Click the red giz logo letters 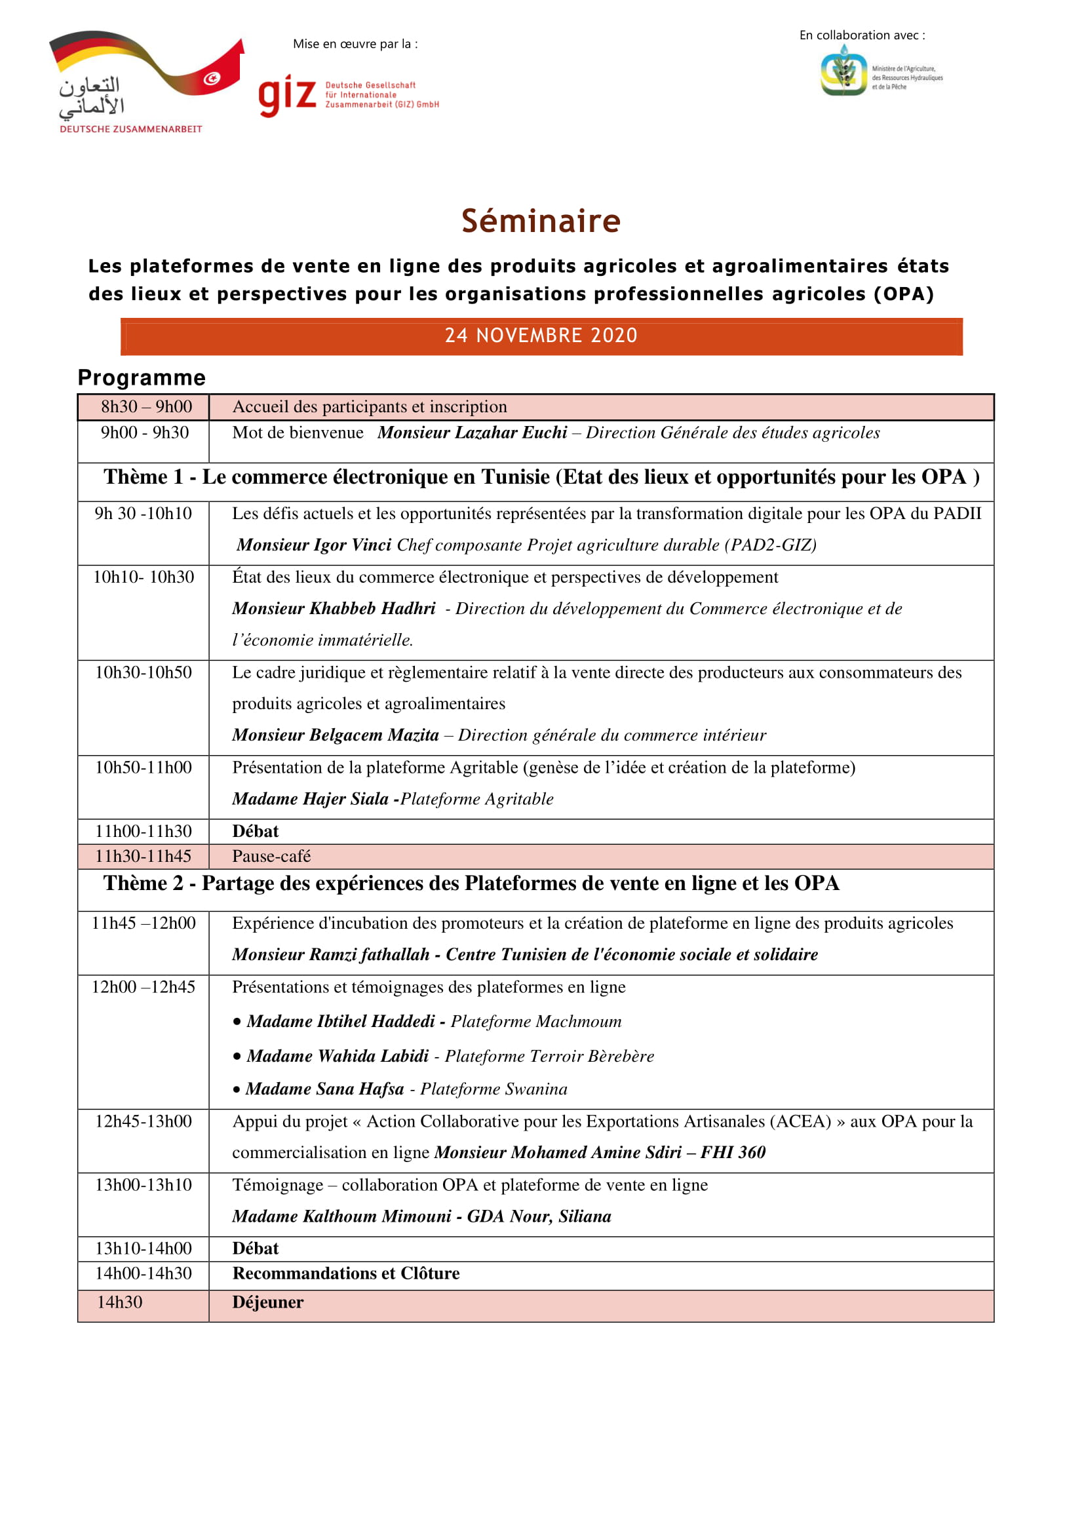287,96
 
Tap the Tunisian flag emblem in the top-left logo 212,79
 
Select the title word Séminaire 541,221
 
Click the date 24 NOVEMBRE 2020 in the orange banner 541,335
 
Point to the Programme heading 142,378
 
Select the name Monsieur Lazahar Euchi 472,433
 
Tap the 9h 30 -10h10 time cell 144,513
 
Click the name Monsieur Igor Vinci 314,545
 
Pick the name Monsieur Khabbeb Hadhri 334,608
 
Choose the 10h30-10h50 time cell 144,672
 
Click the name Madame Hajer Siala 311,798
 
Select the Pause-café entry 271,856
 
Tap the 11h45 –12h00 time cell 144,923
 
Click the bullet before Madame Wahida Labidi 237,1057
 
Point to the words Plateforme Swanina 494,1089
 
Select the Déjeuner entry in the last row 267,1303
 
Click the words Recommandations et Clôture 346,1274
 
